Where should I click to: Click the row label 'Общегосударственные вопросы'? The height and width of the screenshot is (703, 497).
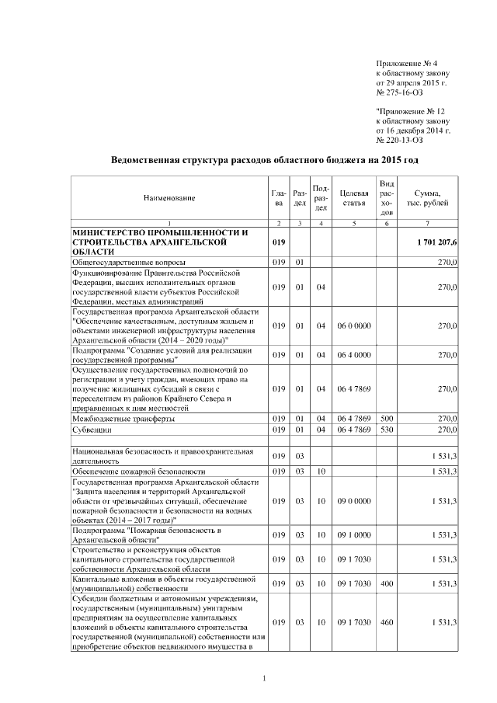pyautogui.click(x=122, y=263)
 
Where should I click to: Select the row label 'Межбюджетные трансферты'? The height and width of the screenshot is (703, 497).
pyautogui.click(x=120, y=418)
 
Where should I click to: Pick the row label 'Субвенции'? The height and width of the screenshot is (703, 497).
pyautogui.click(x=91, y=429)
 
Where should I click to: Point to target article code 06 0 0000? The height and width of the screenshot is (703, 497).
pyautogui.click(x=353, y=325)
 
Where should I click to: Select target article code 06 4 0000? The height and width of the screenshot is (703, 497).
pyautogui.click(x=353, y=355)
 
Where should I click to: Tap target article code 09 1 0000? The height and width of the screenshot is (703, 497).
pyautogui.click(x=353, y=535)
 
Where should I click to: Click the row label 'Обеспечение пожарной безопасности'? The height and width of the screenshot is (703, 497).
pyautogui.click(x=138, y=472)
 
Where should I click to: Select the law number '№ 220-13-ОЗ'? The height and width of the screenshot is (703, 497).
pyautogui.click(x=399, y=141)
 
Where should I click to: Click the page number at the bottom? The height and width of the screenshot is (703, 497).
pyautogui.click(x=265, y=680)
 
